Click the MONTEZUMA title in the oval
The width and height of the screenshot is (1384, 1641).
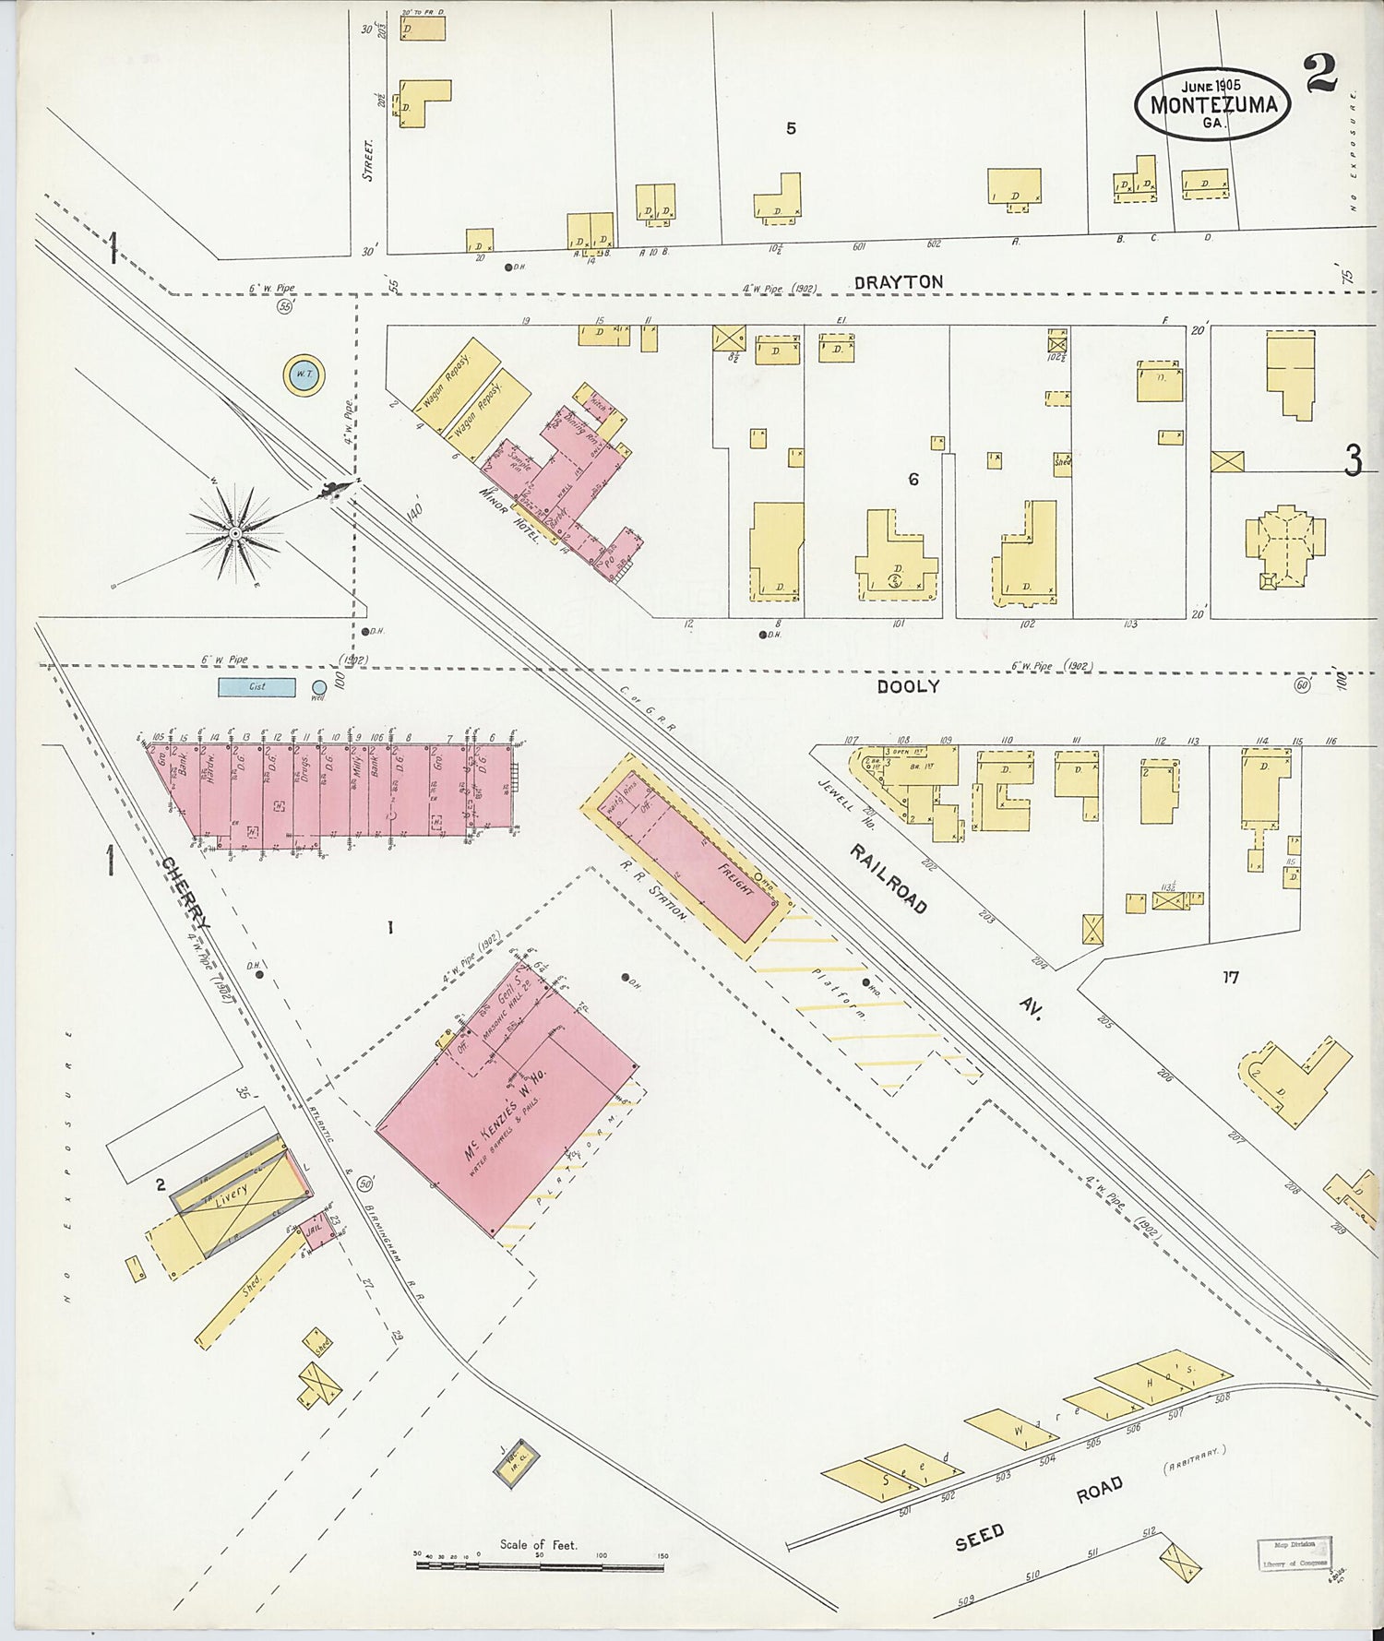click(1213, 104)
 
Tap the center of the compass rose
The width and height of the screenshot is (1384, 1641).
click(236, 534)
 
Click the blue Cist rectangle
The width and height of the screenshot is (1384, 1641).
click(257, 686)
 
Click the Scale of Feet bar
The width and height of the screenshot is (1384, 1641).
click(540, 1564)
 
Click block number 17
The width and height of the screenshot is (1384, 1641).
click(1230, 977)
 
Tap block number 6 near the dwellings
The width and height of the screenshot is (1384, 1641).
click(913, 480)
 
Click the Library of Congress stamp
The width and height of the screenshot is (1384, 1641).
click(1293, 1552)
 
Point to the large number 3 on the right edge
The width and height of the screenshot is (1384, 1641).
click(1353, 460)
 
